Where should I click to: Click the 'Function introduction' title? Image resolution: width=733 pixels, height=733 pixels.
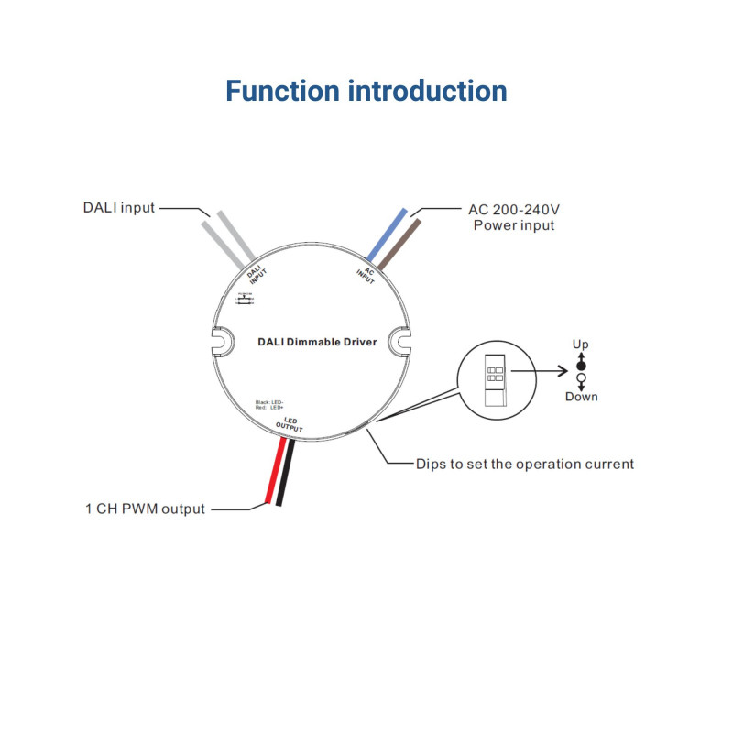tap(366, 92)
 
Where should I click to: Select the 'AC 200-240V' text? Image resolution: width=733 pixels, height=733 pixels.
tap(514, 209)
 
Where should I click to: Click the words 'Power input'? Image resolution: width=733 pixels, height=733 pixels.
tap(514, 225)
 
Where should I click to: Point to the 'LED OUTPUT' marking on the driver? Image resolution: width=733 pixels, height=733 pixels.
tap(289, 424)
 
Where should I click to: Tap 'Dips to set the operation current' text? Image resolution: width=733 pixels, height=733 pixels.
tap(524, 464)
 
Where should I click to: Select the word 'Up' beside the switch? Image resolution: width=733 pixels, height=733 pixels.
tap(580, 345)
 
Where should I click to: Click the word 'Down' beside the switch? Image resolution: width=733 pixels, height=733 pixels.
tap(581, 397)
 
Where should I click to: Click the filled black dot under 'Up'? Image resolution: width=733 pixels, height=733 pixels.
tap(580, 365)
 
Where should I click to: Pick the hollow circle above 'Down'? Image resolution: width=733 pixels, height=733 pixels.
tap(580, 377)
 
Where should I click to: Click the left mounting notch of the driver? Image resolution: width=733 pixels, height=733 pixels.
tap(221, 342)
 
